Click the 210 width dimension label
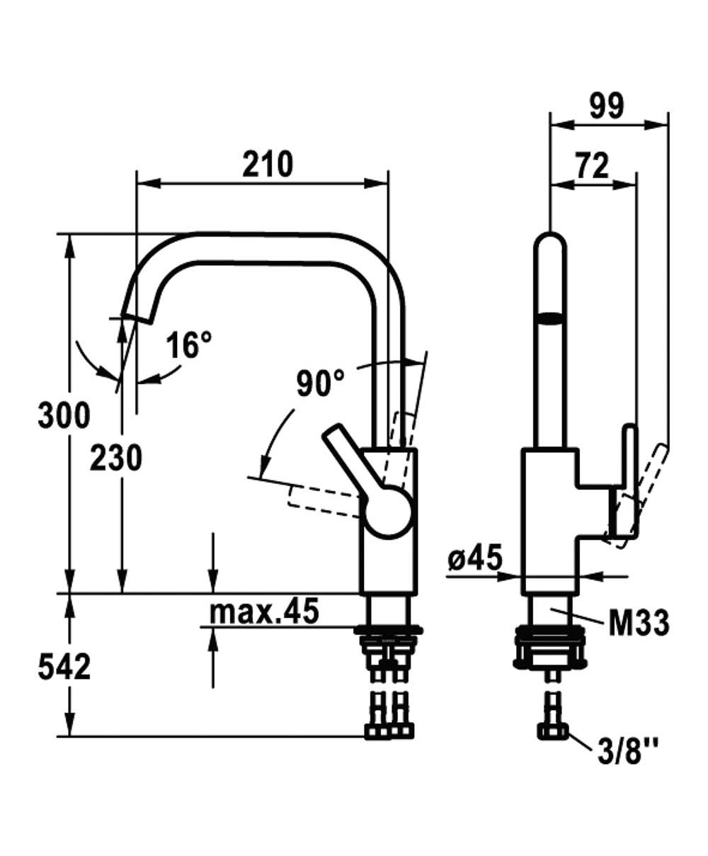[268, 164]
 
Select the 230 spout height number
[115, 458]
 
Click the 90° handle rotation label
[320, 383]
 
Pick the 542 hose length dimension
[64, 667]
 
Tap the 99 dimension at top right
[607, 106]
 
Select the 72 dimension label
[591, 167]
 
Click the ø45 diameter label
[474, 560]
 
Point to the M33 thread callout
[639, 624]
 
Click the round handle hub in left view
[388, 510]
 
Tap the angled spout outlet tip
[137, 315]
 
